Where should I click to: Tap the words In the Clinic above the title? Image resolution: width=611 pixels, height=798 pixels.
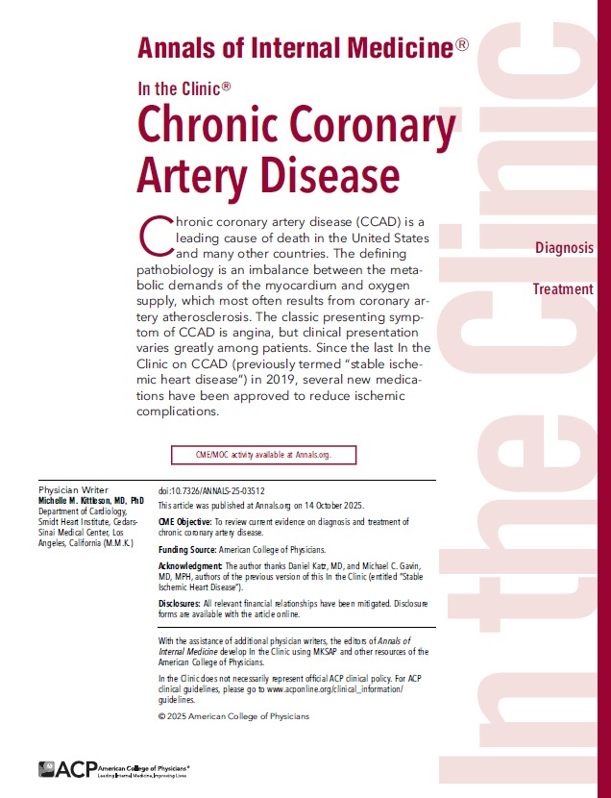(x=183, y=87)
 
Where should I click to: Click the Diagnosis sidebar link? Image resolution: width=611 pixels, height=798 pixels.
(x=565, y=248)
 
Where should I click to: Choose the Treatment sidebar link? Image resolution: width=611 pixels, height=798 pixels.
(x=563, y=289)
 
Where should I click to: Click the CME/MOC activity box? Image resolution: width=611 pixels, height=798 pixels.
(x=263, y=455)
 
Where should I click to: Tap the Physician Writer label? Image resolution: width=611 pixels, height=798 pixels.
(x=73, y=489)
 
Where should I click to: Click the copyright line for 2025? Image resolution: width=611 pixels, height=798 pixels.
(x=232, y=716)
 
